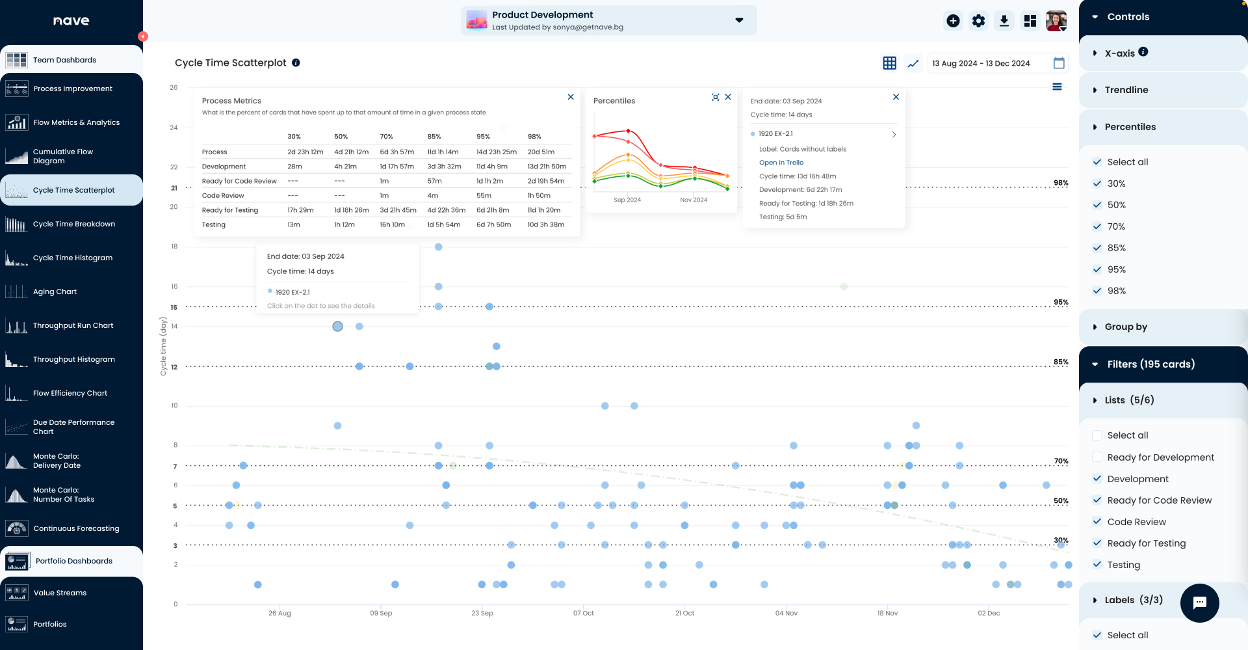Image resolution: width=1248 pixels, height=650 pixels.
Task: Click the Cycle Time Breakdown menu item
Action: click(x=73, y=224)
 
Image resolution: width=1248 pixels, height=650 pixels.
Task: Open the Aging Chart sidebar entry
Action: click(x=55, y=291)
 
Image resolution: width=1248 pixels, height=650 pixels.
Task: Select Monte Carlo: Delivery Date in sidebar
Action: click(x=57, y=461)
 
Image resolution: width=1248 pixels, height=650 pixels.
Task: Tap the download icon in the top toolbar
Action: click(x=1004, y=21)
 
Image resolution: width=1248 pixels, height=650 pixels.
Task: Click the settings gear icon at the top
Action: click(x=978, y=21)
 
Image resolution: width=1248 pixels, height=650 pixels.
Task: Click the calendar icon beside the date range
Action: click(x=1059, y=63)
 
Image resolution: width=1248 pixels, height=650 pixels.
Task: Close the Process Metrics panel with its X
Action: click(x=571, y=97)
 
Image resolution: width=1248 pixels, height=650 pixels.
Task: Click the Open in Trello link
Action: click(x=781, y=163)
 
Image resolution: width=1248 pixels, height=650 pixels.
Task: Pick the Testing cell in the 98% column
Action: click(x=545, y=224)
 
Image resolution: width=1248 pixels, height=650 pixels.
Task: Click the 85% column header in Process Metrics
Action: click(x=434, y=137)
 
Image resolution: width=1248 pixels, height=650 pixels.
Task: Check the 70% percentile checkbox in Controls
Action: click(x=1097, y=226)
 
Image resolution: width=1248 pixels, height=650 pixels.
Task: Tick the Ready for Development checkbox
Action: click(x=1097, y=457)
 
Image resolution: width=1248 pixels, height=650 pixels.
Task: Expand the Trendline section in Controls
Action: click(x=1126, y=90)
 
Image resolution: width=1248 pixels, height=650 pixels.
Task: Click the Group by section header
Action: click(x=1125, y=327)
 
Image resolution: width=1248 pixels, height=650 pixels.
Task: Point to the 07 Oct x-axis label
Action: click(x=583, y=613)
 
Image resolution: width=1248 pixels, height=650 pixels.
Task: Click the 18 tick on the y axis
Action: click(x=174, y=247)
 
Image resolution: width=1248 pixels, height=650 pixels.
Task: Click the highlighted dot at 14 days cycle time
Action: click(x=337, y=327)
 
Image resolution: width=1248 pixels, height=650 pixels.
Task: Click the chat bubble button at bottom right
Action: click(x=1199, y=603)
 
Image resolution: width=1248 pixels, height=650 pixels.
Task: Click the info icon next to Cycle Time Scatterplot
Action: click(x=296, y=63)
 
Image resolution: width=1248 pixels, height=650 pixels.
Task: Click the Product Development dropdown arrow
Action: click(x=739, y=20)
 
